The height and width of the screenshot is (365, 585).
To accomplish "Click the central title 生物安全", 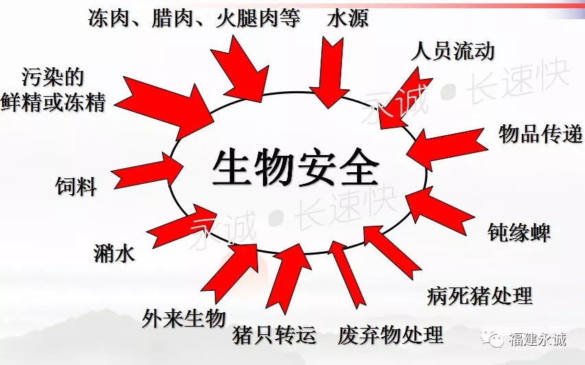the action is point(295,169).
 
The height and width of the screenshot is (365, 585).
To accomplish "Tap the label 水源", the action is point(348,18).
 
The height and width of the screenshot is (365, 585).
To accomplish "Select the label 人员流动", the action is point(453,51).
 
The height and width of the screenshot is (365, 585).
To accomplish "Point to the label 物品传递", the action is point(540,134).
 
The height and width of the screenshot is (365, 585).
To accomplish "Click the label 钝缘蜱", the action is point(519,233).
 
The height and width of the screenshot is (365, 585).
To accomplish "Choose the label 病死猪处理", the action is point(480,296).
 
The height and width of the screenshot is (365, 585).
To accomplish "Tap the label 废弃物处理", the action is point(391,335).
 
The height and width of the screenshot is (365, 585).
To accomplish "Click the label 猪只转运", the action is point(274,335).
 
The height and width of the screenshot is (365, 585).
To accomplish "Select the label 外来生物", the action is point(184,318).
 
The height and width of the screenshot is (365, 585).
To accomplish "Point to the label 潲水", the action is point(114,254).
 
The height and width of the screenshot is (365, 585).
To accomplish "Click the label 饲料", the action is point(76,186).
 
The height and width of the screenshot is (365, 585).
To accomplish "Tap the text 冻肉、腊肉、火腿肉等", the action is point(194,18).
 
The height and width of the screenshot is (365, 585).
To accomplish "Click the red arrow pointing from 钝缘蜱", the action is point(440,211).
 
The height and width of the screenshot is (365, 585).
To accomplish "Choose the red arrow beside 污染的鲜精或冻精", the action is point(164,108).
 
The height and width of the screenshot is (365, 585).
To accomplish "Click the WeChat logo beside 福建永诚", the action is point(492,338).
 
